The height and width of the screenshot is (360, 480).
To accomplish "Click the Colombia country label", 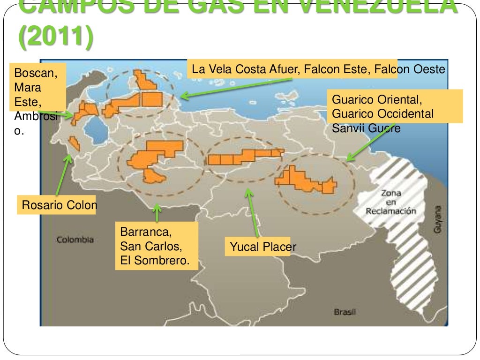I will coord(75,240).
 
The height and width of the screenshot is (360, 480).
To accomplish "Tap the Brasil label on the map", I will coord(345,312).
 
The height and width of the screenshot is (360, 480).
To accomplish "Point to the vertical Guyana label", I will coord(438,220).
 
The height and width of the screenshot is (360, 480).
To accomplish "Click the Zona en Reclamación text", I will coord(391,202).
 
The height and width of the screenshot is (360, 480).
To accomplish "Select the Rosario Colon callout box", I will coord(56,205).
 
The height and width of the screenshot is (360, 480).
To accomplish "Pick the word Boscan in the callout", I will coord(31,73).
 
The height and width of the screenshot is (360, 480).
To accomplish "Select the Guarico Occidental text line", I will coord(382,114).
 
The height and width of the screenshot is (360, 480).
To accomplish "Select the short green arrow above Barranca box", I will coord(157,214).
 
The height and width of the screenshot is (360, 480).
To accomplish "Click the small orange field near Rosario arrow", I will coord(74,143).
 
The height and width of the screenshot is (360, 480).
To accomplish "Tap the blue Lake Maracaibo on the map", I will coord(97,130).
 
